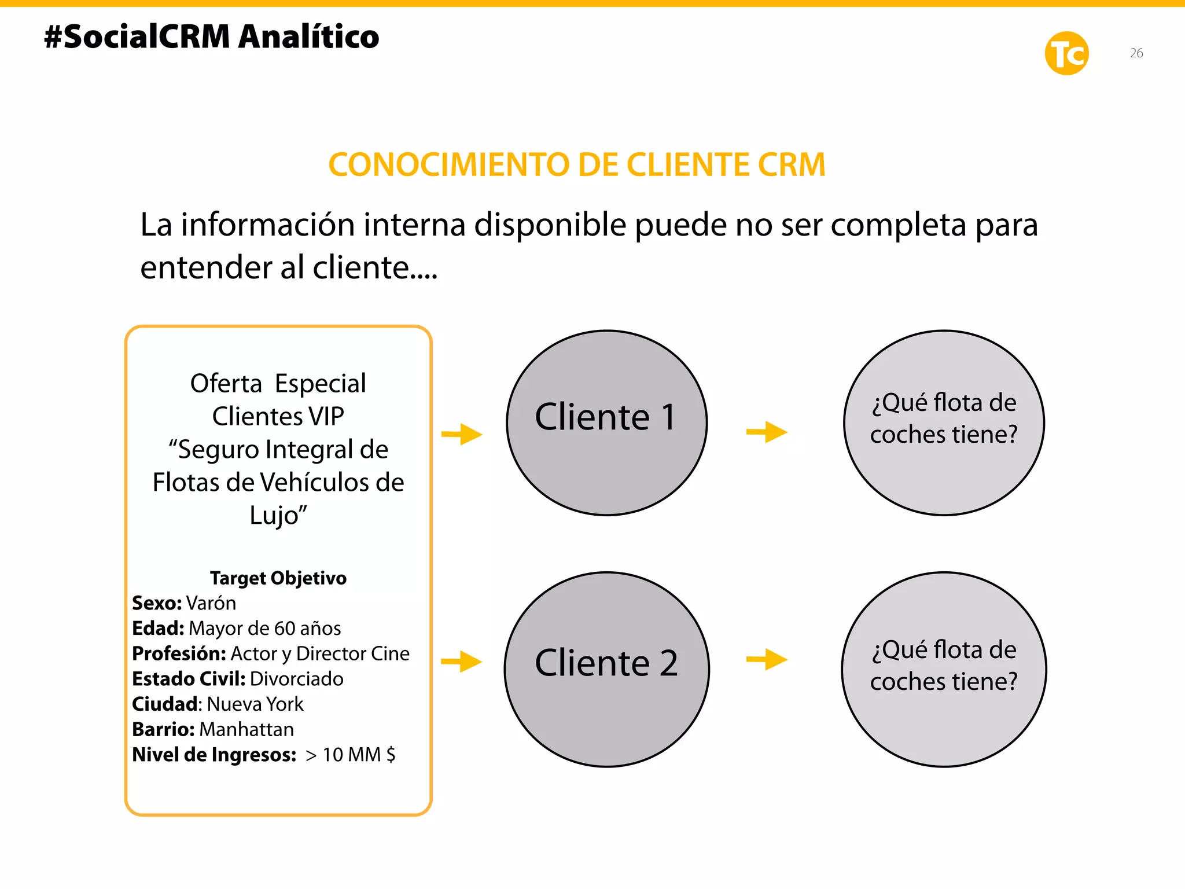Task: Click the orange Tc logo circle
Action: [x=1066, y=53]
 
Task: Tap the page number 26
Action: [x=1136, y=53]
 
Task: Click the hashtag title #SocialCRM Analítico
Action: [x=212, y=37]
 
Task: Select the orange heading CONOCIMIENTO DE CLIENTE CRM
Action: [x=577, y=165]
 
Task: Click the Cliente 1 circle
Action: [x=606, y=423]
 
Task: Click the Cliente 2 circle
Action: [x=606, y=669]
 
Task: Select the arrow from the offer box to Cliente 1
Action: [x=462, y=434]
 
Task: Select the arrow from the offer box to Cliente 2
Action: [x=462, y=662]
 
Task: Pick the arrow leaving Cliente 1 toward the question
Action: [x=767, y=432]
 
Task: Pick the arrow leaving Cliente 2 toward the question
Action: [x=767, y=659]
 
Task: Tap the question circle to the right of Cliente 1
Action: [x=944, y=423]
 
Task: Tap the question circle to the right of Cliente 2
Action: [x=944, y=669]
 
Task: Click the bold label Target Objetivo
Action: [x=278, y=578]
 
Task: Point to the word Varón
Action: [x=211, y=604]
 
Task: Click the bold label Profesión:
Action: [x=179, y=654]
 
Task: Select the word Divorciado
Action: [x=297, y=679]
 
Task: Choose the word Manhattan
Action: [x=246, y=729]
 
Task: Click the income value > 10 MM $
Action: [x=351, y=755]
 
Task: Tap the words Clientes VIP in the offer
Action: [x=278, y=417]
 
